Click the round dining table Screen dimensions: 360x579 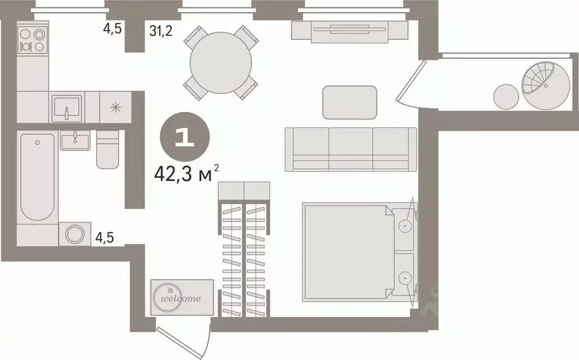click(x=221, y=62)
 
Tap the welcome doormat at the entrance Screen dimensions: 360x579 click(x=182, y=298)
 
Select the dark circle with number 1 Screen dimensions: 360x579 click(x=185, y=139)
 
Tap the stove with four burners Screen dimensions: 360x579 click(x=32, y=39)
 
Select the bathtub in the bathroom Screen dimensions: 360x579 click(x=37, y=176)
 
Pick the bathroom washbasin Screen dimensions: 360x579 click(x=74, y=140)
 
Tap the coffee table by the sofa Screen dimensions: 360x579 click(x=350, y=102)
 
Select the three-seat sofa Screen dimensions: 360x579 click(x=350, y=148)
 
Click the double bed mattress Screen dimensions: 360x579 click(x=346, y=252)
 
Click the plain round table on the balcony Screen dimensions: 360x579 click(x=506, y=97)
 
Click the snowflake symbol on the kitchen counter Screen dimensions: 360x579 click(x=115, y=107)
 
